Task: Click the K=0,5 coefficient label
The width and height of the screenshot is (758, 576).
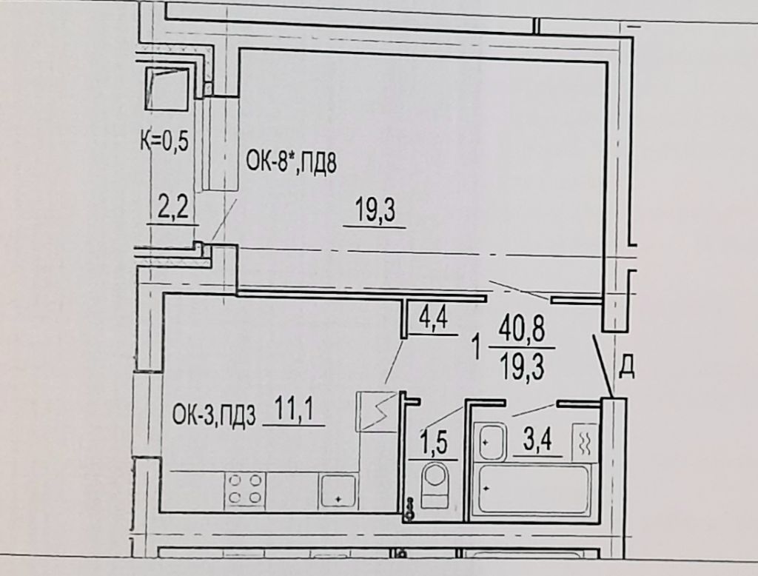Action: click(x=164, y=142)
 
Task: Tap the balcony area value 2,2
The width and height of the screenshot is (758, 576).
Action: click(x=172, y=210)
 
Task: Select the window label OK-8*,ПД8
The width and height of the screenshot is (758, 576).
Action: click(x=291, y=163)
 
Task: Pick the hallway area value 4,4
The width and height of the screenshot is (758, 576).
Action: click(x=434, y=319)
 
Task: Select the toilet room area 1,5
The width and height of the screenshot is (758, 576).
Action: click(x=434, y=445)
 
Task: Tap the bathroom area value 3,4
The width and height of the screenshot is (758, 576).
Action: click(x=537, y=441)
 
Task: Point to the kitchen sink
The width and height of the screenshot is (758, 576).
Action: click(x=338, y=491)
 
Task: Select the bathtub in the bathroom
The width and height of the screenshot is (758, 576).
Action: click(x=534, y=489)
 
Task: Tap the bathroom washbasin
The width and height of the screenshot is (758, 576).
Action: click(x=490, y=442)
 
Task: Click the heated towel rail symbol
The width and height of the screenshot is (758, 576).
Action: click(x=585, y=442)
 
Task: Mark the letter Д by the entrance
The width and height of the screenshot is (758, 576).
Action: click(x=626, y=369)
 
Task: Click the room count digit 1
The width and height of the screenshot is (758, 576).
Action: click(x=477, y=348)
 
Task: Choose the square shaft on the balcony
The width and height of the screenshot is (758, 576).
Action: click(x=167, y=89)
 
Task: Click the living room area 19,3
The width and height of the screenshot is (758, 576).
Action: click(x=375, y=211)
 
